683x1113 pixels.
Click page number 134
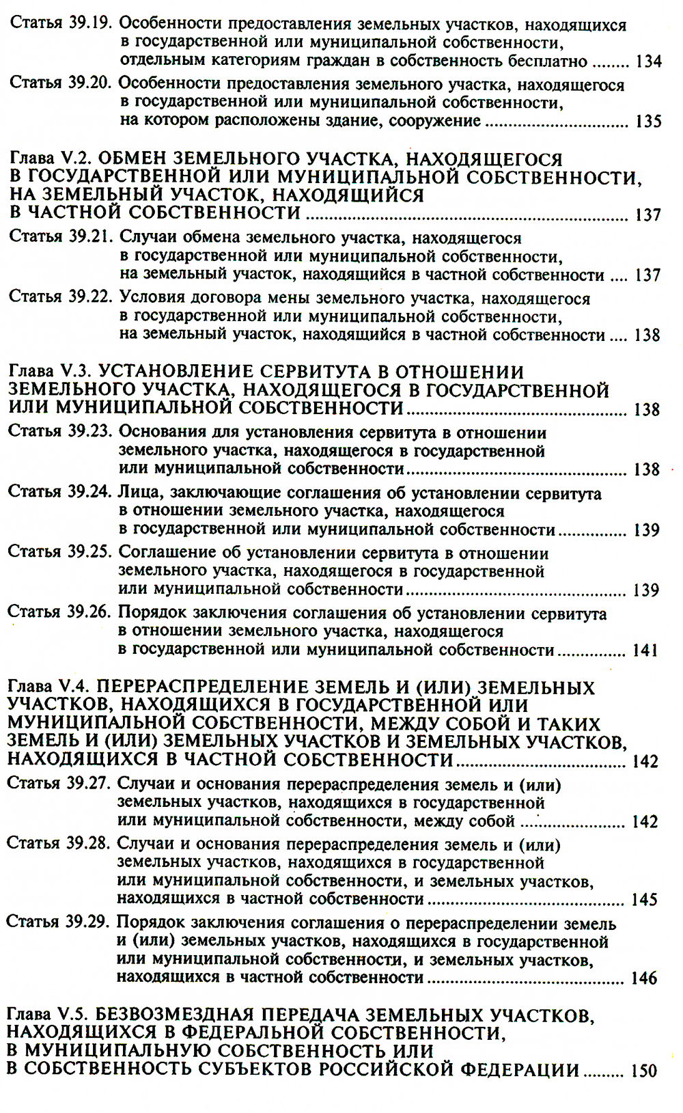648,61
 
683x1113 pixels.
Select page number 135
648,122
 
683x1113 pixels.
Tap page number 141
645,650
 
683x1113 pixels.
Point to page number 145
644,900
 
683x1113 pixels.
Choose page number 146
644,978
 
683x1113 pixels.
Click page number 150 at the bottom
643,1071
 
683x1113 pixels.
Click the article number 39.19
90,24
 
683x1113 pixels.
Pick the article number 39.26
89,612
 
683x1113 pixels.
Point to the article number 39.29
88,922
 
